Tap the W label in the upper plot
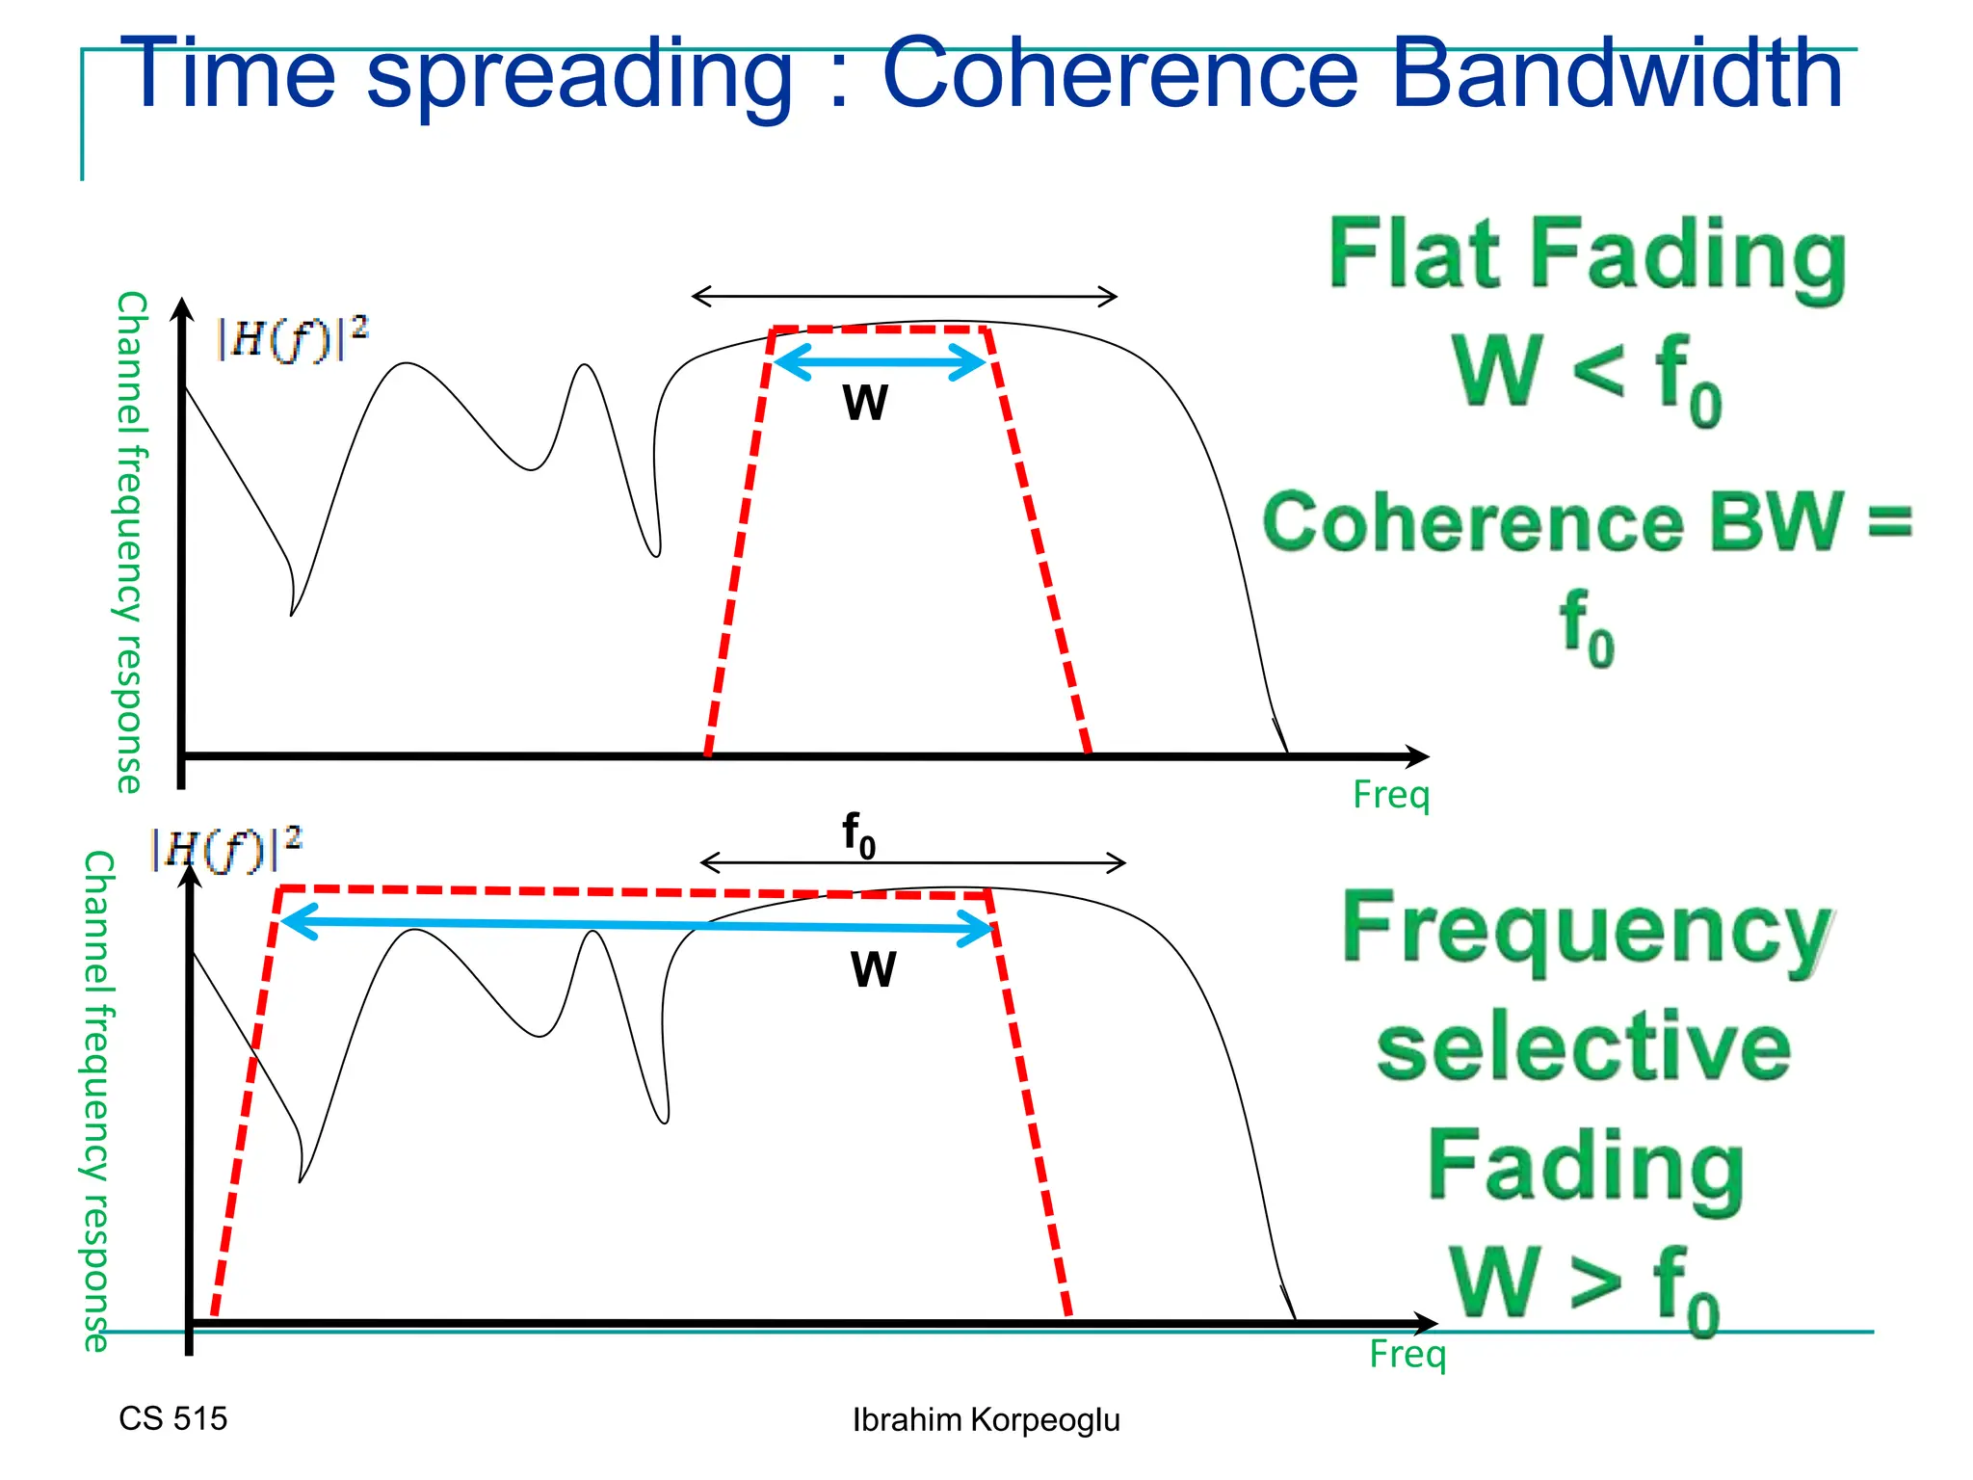click(x=865, y=403)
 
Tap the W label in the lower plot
click(x=874, y=969)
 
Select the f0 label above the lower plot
click(x=858, y=834)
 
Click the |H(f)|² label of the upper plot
click(x=292, y=337)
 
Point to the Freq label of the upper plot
click(x=1391, y=795)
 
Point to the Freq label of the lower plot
click(x=1407, y=1354)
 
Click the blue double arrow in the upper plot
click(x=880, y=362)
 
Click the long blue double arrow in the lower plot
click(x=636, y=925)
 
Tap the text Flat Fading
click(x=1587, y=254)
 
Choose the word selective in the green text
click(x=1583, y=1048)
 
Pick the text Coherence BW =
click(x=1587, y=522)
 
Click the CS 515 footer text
click(x=173, y=1418)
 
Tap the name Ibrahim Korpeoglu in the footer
click(x=986, y=1419)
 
